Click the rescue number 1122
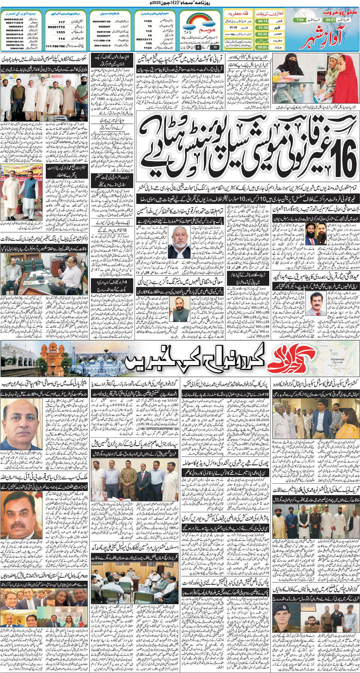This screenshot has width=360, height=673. (x=148, y=21)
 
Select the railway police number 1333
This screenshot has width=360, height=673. (x=61, y=32)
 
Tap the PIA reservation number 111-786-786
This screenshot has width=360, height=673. (x=55, y=46)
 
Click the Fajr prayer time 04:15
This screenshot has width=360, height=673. (x=262, y=21)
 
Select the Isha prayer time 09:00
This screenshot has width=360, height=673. (x=262, y=47)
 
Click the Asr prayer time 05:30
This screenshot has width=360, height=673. (x=262, y=34)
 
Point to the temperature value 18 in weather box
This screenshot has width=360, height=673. (x=215, y=47)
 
